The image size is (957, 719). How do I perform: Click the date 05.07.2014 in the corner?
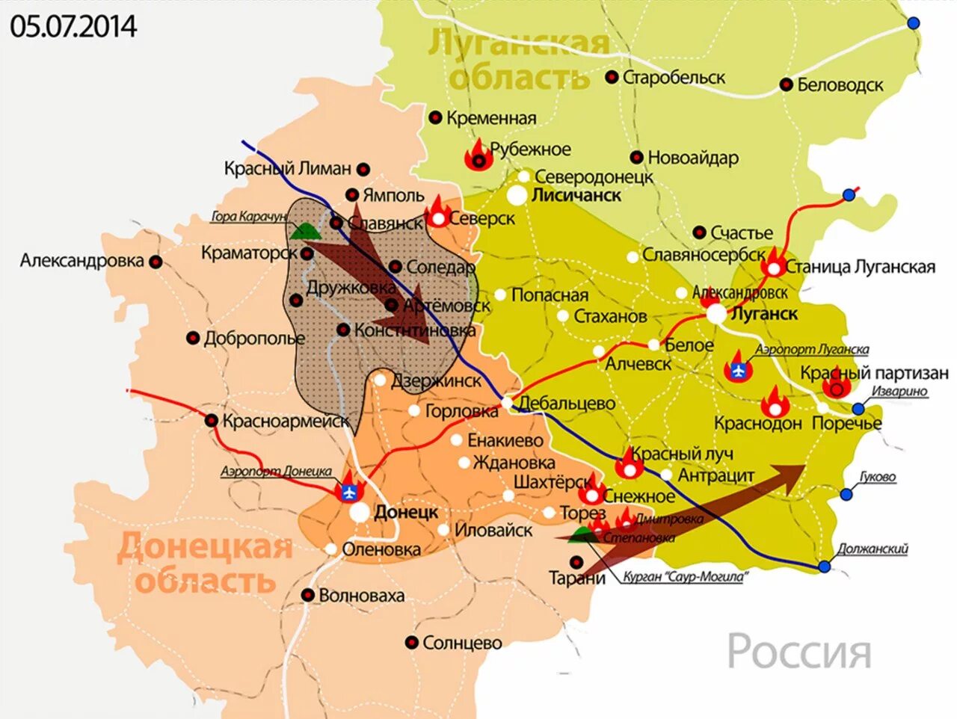coord(73,27)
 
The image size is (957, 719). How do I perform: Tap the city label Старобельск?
coord(674,77)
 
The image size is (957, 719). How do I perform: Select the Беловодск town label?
coord(840,85)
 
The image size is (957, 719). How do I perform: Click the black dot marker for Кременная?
coord(435,117)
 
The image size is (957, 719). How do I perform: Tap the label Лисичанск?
coord(576,196)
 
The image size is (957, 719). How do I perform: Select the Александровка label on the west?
coord(81,261)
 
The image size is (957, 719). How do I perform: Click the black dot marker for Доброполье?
coord(193,338)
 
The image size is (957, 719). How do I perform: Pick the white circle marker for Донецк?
coord(360,512)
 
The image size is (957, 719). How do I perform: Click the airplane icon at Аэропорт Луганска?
coord(739,369)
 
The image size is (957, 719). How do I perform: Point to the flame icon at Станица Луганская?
coord(775,264)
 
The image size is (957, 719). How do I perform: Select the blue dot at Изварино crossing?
coord(858,409)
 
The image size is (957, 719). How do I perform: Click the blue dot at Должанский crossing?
coord(824,567)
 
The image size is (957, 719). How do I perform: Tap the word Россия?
coord(799,652)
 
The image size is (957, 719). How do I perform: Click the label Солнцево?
coord(462,643)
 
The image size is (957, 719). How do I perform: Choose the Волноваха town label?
coord(361,596)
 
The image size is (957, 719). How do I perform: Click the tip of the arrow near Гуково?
coord(804,466)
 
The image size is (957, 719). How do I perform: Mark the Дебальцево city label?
coord(567,404)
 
